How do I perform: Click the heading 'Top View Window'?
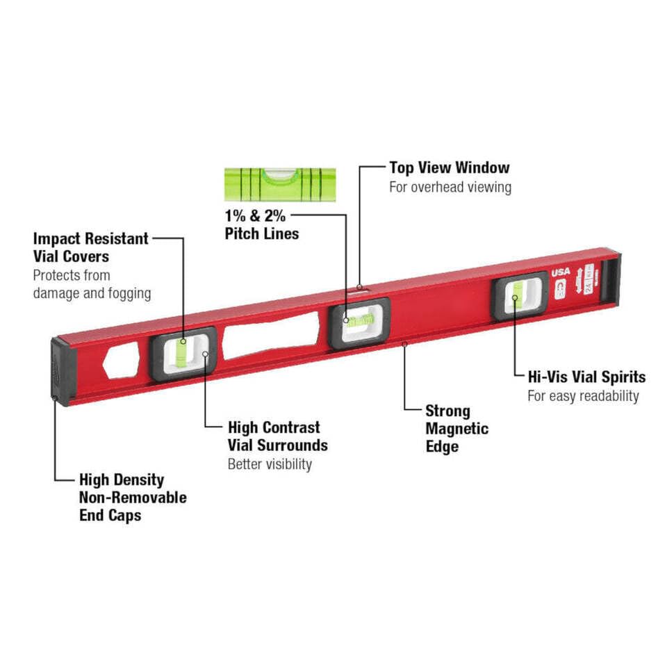coord(449,167)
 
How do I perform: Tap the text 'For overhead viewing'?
coord(450,187)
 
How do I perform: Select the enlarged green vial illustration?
coord(279,183)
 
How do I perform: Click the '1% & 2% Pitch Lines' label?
coord(261,224)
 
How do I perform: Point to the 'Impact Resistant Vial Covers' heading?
coord(90,247)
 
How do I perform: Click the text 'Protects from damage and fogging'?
coord(92,284)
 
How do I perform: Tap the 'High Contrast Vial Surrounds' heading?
coord(277,436)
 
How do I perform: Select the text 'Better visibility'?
coord(270,464)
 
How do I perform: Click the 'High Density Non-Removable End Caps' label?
coord(132,497)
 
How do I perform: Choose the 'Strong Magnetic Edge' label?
coord(456,429)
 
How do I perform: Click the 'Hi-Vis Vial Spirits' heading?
coord(586,377)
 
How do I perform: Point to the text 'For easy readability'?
coord(583,396)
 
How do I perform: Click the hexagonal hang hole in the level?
coord(121,361)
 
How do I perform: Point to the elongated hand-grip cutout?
coord(271,336)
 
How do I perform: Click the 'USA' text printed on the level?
coord(561,272)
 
